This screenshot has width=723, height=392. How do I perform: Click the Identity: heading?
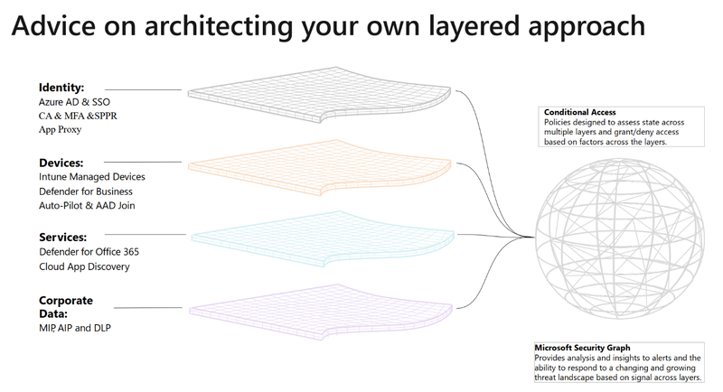(x=61, y=88)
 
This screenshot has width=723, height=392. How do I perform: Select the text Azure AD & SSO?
(x=74, y=102)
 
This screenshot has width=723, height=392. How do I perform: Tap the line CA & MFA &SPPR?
(x=78, y=116)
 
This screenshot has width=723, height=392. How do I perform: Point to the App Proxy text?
(x=60, y=129)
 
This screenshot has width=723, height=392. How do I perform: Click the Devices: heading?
(x=61, y=163)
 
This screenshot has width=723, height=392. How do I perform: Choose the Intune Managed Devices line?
(x=92, y=177)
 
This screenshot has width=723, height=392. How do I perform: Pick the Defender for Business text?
(x=86, y=191)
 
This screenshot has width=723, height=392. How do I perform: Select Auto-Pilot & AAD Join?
(x=87, y=205)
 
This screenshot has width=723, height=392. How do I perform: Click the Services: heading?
(x=62, y=238)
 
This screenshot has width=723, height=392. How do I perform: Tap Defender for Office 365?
(x=89, y=252)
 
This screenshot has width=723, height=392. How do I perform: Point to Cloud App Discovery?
(x=84, y=266)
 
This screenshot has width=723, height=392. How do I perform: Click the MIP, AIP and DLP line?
(x=75, y=328)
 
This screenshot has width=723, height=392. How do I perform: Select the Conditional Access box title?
(x=579, y=112)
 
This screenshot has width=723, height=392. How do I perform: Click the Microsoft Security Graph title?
(x=582, y=348)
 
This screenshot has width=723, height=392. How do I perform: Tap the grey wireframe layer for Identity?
(x=319, y=95)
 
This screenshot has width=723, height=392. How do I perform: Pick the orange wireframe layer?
(x=319, y=167)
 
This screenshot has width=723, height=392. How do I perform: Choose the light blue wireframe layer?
(x=323, y=238)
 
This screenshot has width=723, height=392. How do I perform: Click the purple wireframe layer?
(x=321, y=312)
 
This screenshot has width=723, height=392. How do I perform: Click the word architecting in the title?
(x=219, y=26)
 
